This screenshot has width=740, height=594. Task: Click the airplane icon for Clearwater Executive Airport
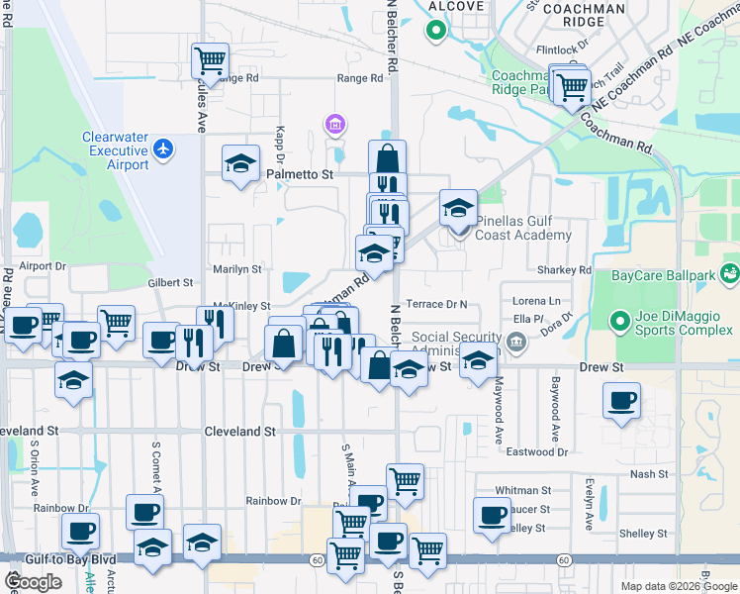pos(163,148)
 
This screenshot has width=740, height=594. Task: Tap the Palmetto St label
pos(302,173)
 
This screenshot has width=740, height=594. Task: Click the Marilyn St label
pos(237,268)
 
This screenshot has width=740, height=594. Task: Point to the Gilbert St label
pos(170,282)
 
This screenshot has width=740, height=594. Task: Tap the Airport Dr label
pos(42,266)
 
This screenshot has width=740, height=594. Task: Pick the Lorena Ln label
pos(536,300)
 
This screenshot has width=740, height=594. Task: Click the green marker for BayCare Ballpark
pos(730,272)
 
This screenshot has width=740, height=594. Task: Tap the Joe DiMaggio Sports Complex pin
pos(619,321)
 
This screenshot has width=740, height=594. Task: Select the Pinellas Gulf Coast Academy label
pos(522,228)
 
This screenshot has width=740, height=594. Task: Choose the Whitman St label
pos(523,490)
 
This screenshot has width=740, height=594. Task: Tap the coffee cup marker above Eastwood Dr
pos(622,401)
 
